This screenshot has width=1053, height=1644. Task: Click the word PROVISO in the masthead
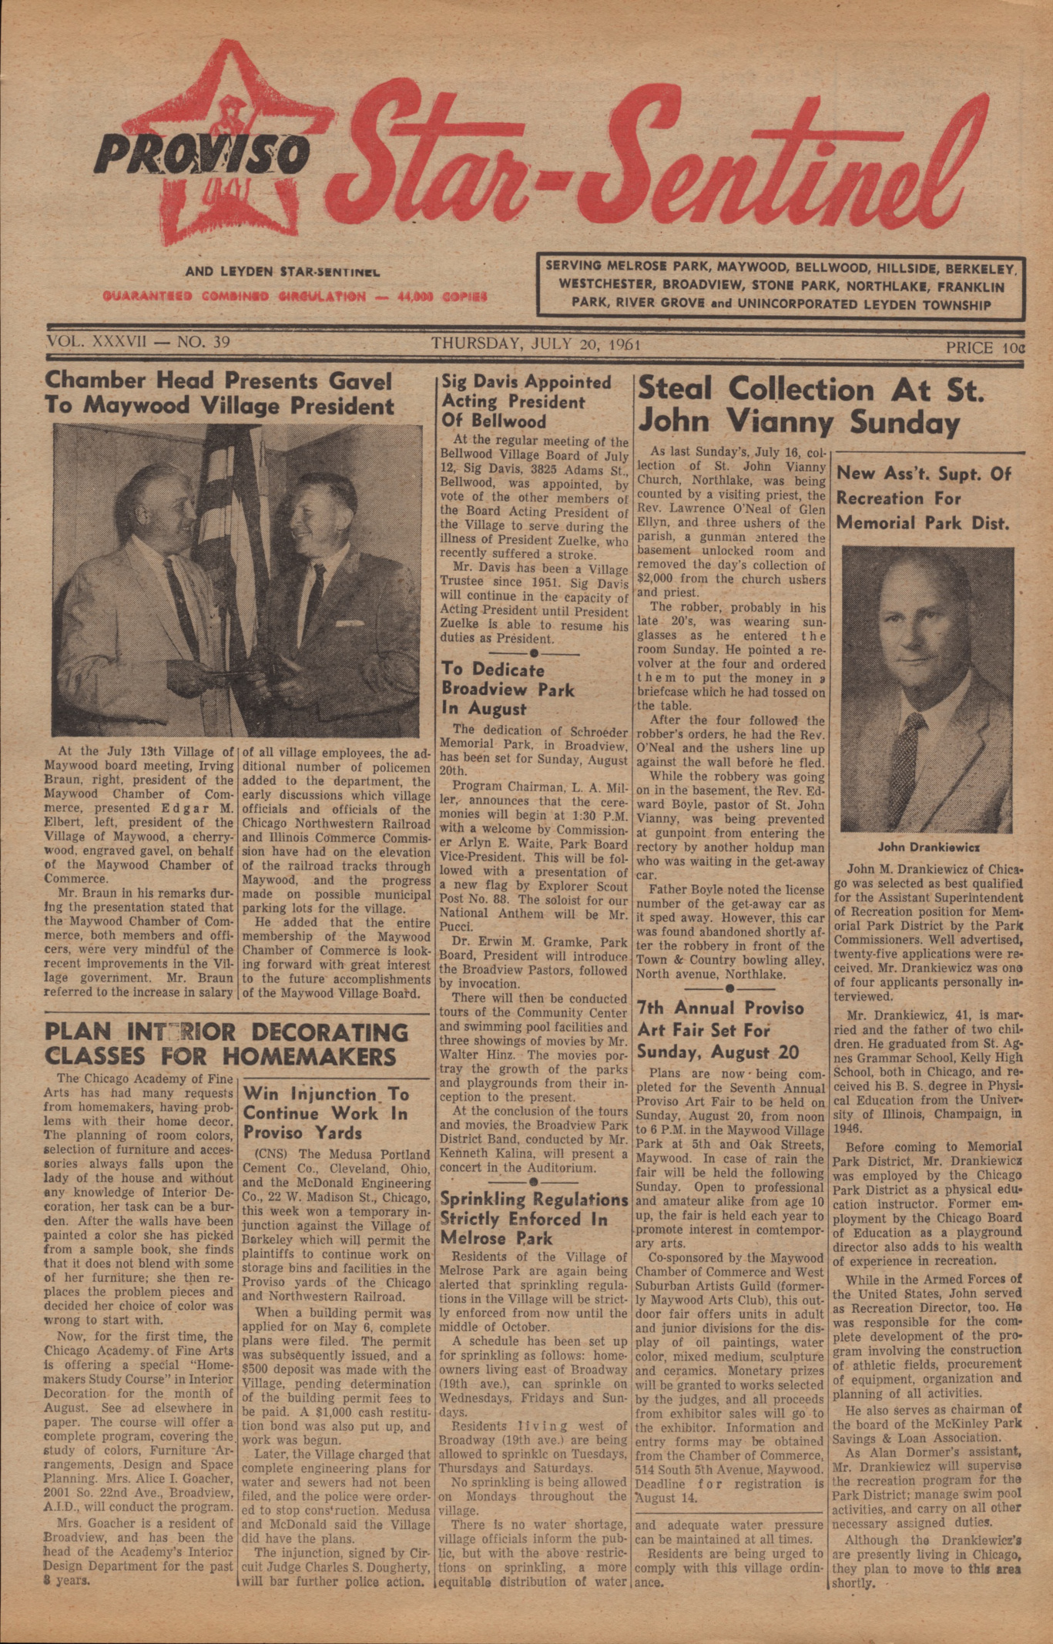point(202,153)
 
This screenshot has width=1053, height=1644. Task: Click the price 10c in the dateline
point(985,347)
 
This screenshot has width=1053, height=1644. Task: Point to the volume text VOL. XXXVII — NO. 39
point(138,342)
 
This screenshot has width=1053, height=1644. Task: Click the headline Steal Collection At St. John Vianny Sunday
point(809,405)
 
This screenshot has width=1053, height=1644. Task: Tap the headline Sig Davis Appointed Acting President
point(526,401)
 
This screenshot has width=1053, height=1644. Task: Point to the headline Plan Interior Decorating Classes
point(226,1043)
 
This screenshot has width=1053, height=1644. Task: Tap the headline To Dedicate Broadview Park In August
point(508,688)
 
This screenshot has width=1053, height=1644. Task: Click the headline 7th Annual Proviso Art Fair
point(720,1029)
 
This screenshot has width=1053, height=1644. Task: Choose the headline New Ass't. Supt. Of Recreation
point(923,498)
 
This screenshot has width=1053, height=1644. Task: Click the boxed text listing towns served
point(780,286)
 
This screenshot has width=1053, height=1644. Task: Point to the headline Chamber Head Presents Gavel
point(219,393)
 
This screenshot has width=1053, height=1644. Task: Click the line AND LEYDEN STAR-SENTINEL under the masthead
point(282,272)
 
